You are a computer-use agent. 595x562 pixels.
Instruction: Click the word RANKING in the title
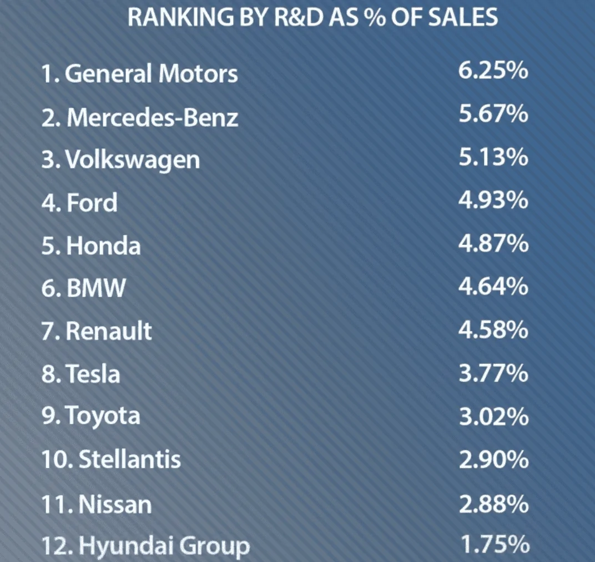pos(181,17)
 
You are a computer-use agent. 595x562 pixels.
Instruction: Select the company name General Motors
pos(152,73)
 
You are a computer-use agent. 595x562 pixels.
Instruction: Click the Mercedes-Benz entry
pos(153,117)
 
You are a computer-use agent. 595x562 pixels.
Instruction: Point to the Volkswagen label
pos(133,160)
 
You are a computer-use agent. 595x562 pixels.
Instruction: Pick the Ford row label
pos(92,202)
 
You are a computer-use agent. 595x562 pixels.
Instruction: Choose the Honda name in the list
pos(104,245)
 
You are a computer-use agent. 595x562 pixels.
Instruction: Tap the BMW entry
pos(96,288)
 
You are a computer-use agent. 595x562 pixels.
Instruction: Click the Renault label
pos(109,331)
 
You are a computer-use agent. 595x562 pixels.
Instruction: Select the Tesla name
pos(93,373)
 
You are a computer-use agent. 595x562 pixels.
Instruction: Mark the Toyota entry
pos(103,416)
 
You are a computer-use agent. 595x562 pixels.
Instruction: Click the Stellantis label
pos(130,459)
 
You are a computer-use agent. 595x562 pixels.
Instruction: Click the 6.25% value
pos(493,70)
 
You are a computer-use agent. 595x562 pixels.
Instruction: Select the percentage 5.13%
pos(493,157)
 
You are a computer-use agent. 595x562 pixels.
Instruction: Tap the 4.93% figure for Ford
pos(493,200)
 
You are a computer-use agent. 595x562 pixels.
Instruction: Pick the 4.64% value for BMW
pos(493,286)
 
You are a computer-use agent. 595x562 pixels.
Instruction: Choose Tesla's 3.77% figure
pos(493,373)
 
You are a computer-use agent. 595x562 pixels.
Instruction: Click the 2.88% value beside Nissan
pos(493,504)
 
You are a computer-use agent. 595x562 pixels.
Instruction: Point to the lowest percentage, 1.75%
pos(495,544)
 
